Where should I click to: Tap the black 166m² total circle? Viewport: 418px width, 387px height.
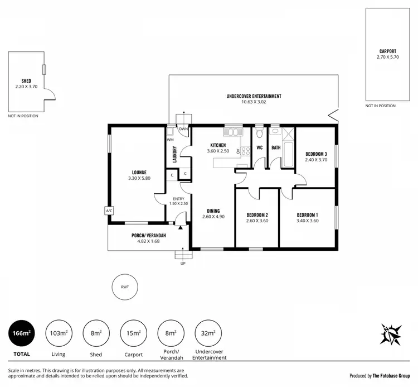pos(22,333)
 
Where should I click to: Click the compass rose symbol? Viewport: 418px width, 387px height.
pos(390,334)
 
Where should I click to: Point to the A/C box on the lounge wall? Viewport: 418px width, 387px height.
pos(108,211)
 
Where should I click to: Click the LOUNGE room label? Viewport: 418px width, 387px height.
pos(139,172)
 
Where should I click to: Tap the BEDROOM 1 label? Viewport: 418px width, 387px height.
pos(307,215)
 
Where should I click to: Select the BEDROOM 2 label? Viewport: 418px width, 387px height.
pos(257,215)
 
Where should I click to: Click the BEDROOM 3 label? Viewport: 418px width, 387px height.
pos(316,154)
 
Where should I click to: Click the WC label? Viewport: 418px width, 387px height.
pos(259,148)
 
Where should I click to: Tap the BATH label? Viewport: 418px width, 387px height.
pos(276,148)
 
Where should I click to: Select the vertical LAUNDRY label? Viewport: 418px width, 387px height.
pos(174,154)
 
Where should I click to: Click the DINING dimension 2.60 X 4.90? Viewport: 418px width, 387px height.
pos(213,217)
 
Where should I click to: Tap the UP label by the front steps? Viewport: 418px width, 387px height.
pos(183,263)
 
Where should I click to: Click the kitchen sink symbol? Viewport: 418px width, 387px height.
pos(233,132)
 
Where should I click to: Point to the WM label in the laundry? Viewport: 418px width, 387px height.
pos(170,140)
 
